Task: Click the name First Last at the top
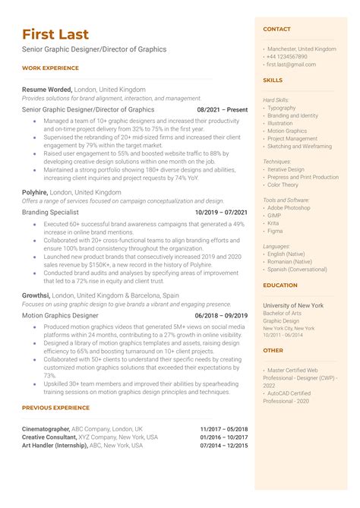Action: [x=55, y=34]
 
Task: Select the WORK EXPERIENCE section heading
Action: [x=50, y=68]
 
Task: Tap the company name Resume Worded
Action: [x=47, y=89]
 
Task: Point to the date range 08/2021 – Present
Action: [x=223, y=109]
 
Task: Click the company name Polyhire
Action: [x=35, y=192]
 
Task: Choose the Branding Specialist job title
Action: [x=52, y=213]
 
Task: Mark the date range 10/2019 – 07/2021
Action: [x=221, y=213]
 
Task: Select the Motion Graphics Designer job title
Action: [x=61, y=315]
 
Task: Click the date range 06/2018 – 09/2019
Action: [x=222, y=315]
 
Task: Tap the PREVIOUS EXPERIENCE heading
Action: [x=56, y=409]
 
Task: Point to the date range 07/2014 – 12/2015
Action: [x=224, y=446]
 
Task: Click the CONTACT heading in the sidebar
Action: [x=276, y=29]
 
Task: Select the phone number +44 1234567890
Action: [x=287, y=56]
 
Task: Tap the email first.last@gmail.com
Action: [x=291, y=65]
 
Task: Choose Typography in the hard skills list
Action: [x=282, y=107]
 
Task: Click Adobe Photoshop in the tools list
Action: [x=289, y=207]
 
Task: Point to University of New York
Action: [x=293, y=305]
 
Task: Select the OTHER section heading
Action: [x=273, y=351]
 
